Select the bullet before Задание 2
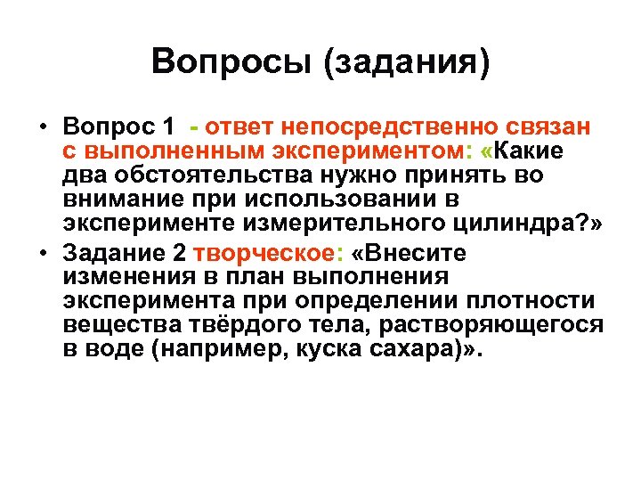pyautogui.click(x=42, y=254)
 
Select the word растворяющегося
pyautogui.click(x=506, y=325)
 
